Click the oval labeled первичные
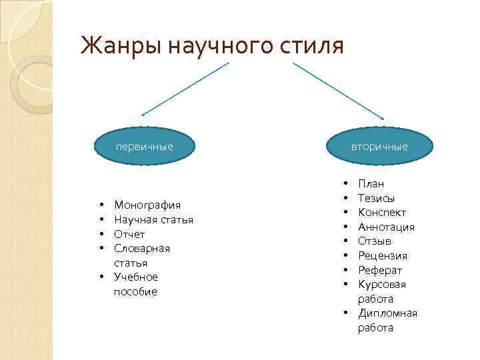tap(144, 146)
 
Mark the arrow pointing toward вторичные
tap(340, 89)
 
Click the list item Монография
tap(147, 205)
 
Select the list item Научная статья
tap(153, 219)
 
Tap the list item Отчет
tap(129, 234)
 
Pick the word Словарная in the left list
tap(142, 248)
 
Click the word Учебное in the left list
tap(136, 277)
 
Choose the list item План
tap(371, 183)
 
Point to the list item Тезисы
tap(376, 198)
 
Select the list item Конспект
tap(381, 212)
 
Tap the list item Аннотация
tap(386, 227)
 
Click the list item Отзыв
tap(374, 241)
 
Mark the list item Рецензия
tap(382, 255)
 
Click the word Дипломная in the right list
tap(387, 313)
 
